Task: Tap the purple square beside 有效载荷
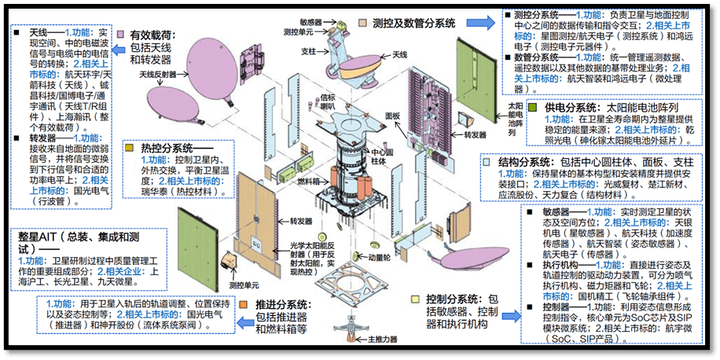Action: coord(120,35)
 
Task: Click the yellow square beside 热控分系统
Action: coord(130,147)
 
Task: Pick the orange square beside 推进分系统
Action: coord(245,303)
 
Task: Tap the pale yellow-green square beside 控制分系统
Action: coord(418,299)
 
